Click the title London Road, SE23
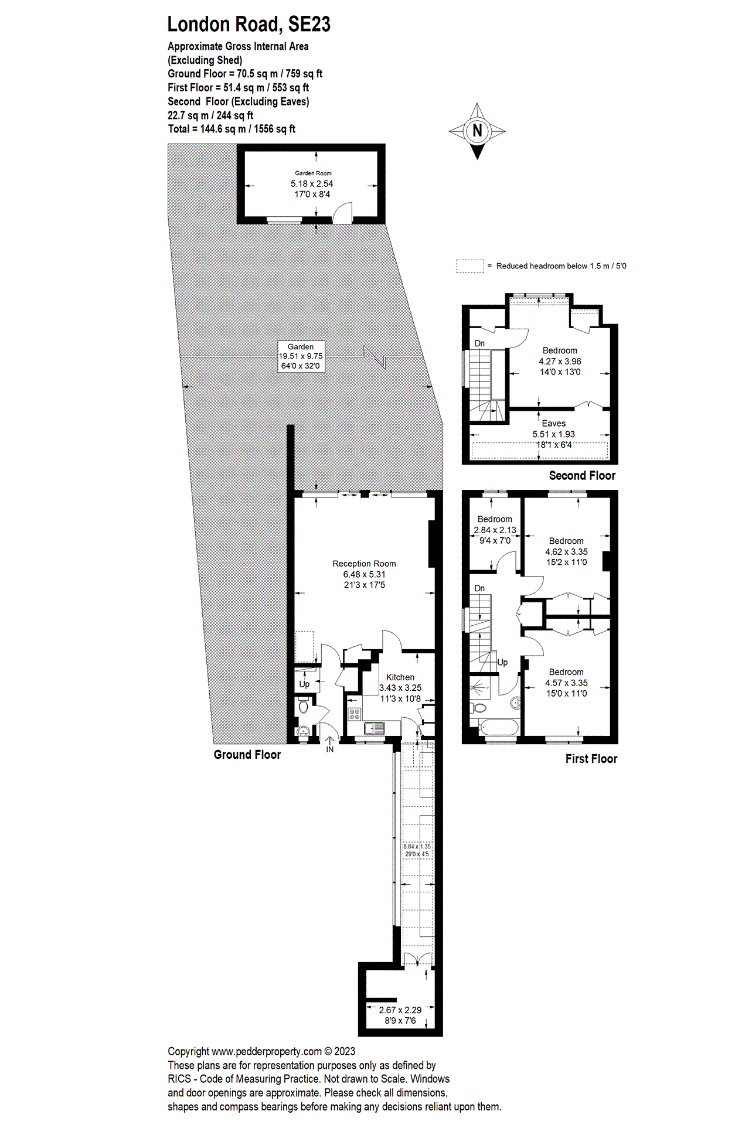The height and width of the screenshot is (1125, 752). [x=249, y=24]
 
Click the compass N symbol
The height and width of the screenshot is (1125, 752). [x=477, y=131]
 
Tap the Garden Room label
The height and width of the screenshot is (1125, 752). [x=313, y=173]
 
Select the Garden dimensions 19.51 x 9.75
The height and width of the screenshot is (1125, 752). [x=300, y=356]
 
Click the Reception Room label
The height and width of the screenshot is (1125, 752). [x=364, y=564]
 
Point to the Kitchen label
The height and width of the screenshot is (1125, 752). [x=400, y=677]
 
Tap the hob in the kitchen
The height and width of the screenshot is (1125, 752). [x=355, y=714]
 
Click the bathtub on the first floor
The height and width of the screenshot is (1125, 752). [x=498, y=728]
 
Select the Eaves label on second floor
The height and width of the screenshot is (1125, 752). [x=553, y=424]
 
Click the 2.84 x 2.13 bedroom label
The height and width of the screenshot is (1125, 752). [x=495, y=530]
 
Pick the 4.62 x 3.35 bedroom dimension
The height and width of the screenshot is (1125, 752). [x=566, y=552]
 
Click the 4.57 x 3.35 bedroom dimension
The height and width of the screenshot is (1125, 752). [x=566, y=683]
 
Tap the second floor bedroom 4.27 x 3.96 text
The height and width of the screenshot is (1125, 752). [x=560, y=362]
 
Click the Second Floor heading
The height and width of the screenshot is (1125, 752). [x=582, y=476]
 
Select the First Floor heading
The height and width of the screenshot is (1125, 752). [x=591, y=759]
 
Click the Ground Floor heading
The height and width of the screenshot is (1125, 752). [x=247, y=755]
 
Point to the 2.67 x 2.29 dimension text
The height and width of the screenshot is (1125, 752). [x=400, y=1010]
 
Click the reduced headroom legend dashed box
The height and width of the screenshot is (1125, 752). [x=470, y=266]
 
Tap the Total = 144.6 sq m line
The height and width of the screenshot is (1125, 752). [x=232, y=129]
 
